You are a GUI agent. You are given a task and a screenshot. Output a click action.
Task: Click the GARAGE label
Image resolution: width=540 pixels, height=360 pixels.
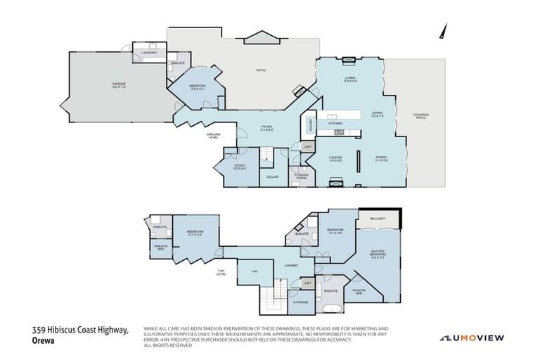tap(119, 84)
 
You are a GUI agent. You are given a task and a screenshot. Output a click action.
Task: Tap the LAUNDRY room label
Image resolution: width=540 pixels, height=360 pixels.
tap(148, 53)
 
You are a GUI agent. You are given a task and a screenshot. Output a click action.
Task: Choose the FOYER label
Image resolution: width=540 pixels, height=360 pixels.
tap(266, 128)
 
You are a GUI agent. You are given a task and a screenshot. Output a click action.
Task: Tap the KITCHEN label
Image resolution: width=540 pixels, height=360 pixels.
tap(335, 124)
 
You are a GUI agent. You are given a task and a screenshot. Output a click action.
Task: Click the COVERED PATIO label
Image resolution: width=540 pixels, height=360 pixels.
tap(420, 116)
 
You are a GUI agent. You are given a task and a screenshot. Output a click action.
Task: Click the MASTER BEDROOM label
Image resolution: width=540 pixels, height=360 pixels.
tap(378, 257)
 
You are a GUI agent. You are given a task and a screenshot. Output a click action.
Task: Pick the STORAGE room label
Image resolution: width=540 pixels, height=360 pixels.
tap(300, 302)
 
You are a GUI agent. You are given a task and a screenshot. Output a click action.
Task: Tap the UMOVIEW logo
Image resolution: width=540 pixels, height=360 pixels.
tap(472, 338)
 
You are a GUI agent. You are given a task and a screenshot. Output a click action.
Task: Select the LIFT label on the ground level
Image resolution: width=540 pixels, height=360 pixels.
tap(307, 147)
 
